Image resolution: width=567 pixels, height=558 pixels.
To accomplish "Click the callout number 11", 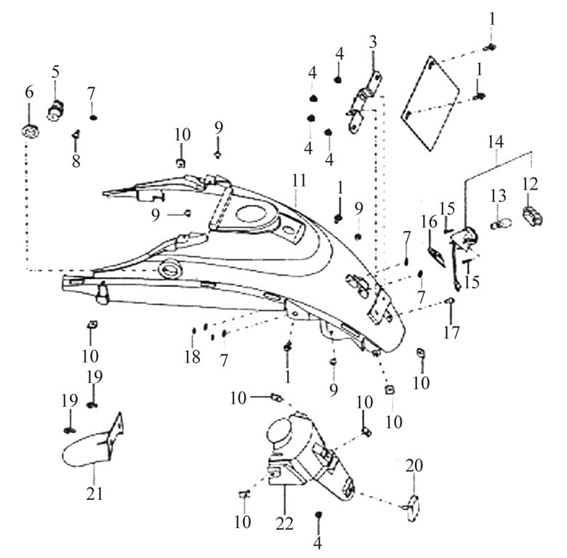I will [x=299, y=179].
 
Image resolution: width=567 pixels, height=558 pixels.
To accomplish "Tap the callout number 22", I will [x=285, y=522].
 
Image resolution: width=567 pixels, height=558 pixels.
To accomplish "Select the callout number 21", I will [x=94, y=493].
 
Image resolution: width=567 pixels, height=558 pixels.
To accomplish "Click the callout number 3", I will [x=373, y=41].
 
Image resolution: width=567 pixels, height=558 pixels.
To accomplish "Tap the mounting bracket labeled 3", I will [x=363, y=105].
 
